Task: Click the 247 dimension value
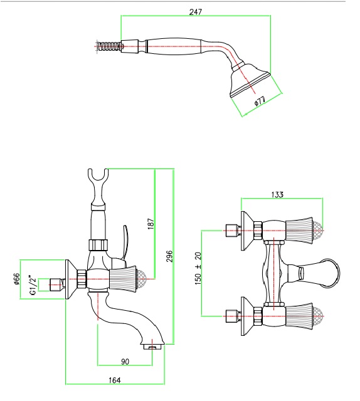coord(196,12)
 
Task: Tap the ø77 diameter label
coord(260,100)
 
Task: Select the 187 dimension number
coord(151,223)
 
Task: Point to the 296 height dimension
coord(169,256)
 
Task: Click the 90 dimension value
coord(125,362)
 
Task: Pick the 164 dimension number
coord(114,380)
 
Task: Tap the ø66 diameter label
coord(16,279)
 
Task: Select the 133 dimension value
coord(277,195)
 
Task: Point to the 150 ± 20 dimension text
coord(198,269)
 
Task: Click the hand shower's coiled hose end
coord(109,47)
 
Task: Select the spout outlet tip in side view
coord(152,346)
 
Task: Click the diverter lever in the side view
coord(125,243)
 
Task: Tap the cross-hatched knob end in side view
coord(142,279)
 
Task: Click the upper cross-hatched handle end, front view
coord(318,231)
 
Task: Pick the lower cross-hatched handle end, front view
coord(318,316)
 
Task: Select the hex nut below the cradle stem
coord(98,245)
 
